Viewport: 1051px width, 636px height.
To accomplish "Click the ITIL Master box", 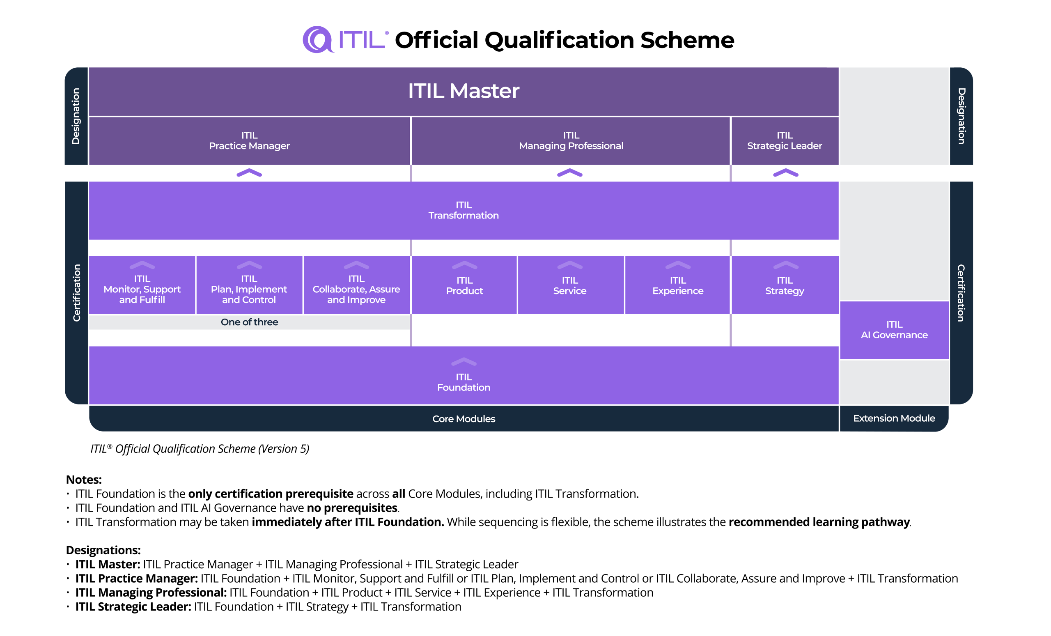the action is coord(464,91).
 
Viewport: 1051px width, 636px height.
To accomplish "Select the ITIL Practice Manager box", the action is coord(250,141).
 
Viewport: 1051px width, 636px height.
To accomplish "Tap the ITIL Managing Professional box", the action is coord(571,141).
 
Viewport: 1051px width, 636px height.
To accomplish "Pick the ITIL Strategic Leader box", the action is coord(785,141).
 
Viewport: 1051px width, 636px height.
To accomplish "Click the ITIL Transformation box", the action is coord(464,210).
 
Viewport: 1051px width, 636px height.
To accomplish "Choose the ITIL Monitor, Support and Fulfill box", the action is coord(142,285).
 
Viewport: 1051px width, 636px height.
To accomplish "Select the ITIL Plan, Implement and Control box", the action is coord(249,285).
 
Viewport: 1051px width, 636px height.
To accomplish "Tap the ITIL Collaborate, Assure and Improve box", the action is coord(357,285).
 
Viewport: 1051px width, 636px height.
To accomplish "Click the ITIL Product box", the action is coord(464,285).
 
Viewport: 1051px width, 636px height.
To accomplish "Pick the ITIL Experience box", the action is coord(678,285).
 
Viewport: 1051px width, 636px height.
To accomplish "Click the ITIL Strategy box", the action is coord(785,285).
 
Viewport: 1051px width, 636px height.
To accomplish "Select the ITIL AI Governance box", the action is coord(895,330).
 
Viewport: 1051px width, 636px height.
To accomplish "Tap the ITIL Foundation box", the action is coord(464,375).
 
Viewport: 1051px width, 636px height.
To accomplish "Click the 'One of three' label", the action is coord(250,322).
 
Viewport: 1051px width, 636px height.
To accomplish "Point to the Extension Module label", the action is coord(894,418).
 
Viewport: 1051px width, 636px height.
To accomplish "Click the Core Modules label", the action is coord(464,419).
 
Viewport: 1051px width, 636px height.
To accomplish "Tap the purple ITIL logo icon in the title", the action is coord(318,40).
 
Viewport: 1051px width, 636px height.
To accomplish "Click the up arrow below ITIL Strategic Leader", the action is coord(786,173).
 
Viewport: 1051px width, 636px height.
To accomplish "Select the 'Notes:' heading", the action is coord(84,480).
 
